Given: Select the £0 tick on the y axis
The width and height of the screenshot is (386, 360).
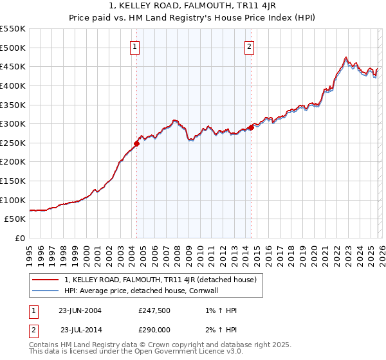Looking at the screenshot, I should click(20, 238).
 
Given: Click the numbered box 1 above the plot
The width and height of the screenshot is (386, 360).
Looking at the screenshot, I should click(135, 46).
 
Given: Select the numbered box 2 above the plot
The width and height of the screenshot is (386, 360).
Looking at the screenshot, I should click(249, 46).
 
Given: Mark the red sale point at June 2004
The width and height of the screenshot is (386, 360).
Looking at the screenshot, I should click(136, 143).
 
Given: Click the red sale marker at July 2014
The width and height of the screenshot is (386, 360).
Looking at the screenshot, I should click(250, 127).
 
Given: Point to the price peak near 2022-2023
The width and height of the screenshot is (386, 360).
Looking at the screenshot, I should click(346, 57).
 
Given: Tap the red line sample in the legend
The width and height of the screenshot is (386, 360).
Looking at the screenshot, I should click(46, 280).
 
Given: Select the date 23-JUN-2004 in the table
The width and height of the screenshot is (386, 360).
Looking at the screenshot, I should click(80, 310).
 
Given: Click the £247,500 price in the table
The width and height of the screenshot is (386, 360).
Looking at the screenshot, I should click(155, 310).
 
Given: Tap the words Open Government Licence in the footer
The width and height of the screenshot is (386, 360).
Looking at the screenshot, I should click(178, 353).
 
